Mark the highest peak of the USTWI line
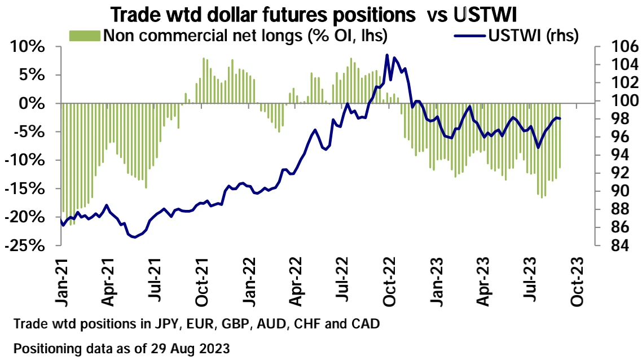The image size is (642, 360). coord(387,55)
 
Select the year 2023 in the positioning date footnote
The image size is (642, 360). coord(215,349)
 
